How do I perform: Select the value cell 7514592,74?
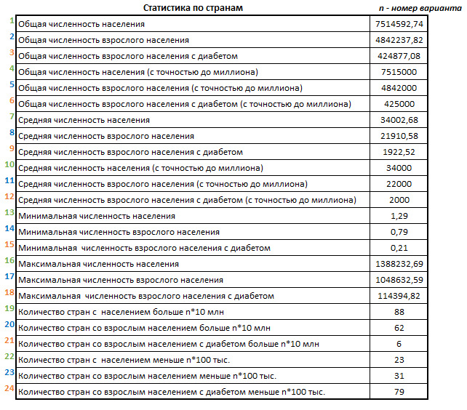tap(397, 24)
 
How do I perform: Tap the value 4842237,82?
tap(397, 40)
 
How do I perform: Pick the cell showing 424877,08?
tap(397, 56)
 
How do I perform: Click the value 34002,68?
tap(397, 120)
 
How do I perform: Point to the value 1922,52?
tap(397, 152)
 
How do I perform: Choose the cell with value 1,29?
tap(397, 216)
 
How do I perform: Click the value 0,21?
tap(397, 248)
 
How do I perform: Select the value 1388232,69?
tap(397, 264)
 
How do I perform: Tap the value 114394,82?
tap(397, 296)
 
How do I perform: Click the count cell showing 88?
tap(397, 312)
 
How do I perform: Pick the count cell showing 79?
tap(397, 392)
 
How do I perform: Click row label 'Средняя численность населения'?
tap(84, 120)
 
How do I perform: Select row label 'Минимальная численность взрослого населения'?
tap(119, 232)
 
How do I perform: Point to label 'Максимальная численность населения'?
tap(98, 264)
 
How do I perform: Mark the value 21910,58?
tap(397, 136)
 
